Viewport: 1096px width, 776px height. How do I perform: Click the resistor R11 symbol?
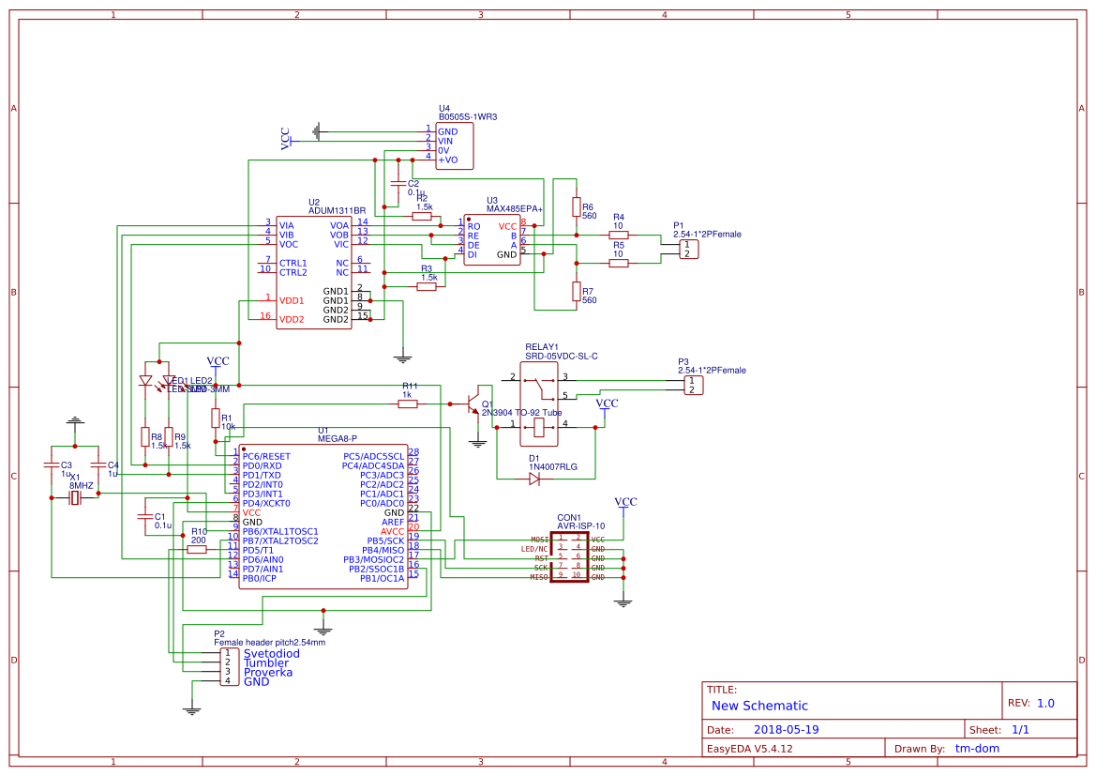coord(407,403)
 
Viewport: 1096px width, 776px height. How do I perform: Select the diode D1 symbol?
coord(534,479)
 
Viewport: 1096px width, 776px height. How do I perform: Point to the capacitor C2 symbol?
coord(398,184)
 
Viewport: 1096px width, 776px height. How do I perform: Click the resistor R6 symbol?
coord(576,207)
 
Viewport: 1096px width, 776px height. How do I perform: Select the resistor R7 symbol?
coord(576,292)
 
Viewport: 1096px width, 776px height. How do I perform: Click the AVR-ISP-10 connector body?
coord(569,558)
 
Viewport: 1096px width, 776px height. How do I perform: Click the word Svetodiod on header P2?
coord(272,653)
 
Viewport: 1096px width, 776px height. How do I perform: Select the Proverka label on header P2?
coord(268,672)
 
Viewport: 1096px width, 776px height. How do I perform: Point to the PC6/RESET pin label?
coord(266,456)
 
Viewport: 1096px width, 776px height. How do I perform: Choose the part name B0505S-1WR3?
coord(468,117)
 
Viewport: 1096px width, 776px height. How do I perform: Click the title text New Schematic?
coord(759,706)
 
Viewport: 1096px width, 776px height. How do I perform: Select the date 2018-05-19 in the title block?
coord(787,729)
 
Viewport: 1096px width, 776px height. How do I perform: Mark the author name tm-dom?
coord(977,749)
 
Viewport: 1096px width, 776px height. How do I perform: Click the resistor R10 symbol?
coord(197,550)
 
